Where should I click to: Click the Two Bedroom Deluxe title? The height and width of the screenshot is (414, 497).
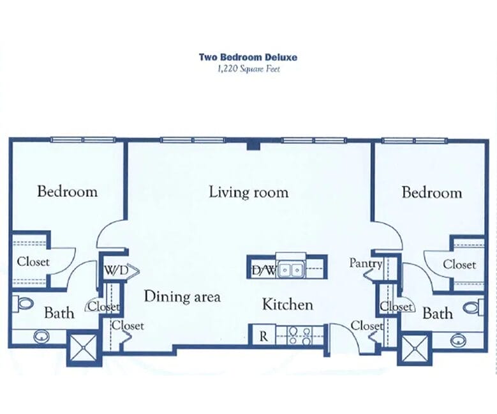(x=248, y=57)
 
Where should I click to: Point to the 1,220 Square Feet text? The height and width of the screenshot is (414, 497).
(x=249, y=68)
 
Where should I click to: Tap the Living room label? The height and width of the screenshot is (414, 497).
(x=249, y=192)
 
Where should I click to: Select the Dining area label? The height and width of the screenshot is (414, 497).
(x=182, y=296)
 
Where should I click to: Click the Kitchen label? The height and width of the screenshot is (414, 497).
(x=288, y=305)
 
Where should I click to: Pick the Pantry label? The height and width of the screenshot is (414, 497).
(x=366, y=263)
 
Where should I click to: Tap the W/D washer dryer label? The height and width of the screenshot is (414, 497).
(x=116, y=270)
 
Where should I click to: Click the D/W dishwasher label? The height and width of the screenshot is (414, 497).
(x=264, y=270)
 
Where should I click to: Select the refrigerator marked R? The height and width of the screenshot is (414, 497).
(x=262, y=335)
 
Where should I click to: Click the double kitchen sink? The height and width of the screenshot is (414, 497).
(x=291, y=269)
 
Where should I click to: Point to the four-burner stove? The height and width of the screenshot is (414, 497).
(x=299, y=336)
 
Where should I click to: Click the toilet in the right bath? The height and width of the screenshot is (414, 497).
(x=473, y=307)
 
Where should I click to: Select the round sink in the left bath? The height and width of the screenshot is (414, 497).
(x=40, y=336)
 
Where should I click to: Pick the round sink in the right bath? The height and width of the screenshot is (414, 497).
(x=457, y=340)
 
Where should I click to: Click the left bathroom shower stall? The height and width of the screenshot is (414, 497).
(x=83, y=348)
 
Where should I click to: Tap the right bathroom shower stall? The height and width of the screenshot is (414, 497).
(x=415, y=349)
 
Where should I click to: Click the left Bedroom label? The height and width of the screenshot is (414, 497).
(x=67, y=192)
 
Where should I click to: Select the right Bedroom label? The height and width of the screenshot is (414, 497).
(x=432, y=193)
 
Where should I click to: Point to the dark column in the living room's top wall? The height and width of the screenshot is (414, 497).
(x=253, y=146)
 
